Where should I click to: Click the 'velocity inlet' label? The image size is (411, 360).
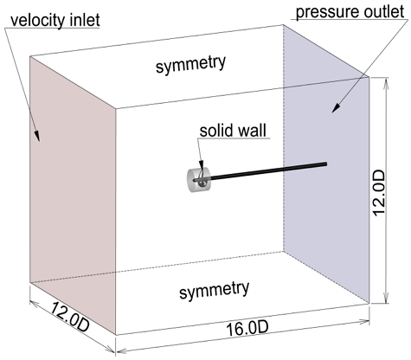51,16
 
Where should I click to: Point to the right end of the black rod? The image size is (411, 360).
325,163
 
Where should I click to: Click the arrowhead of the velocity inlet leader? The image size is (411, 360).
39,138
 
